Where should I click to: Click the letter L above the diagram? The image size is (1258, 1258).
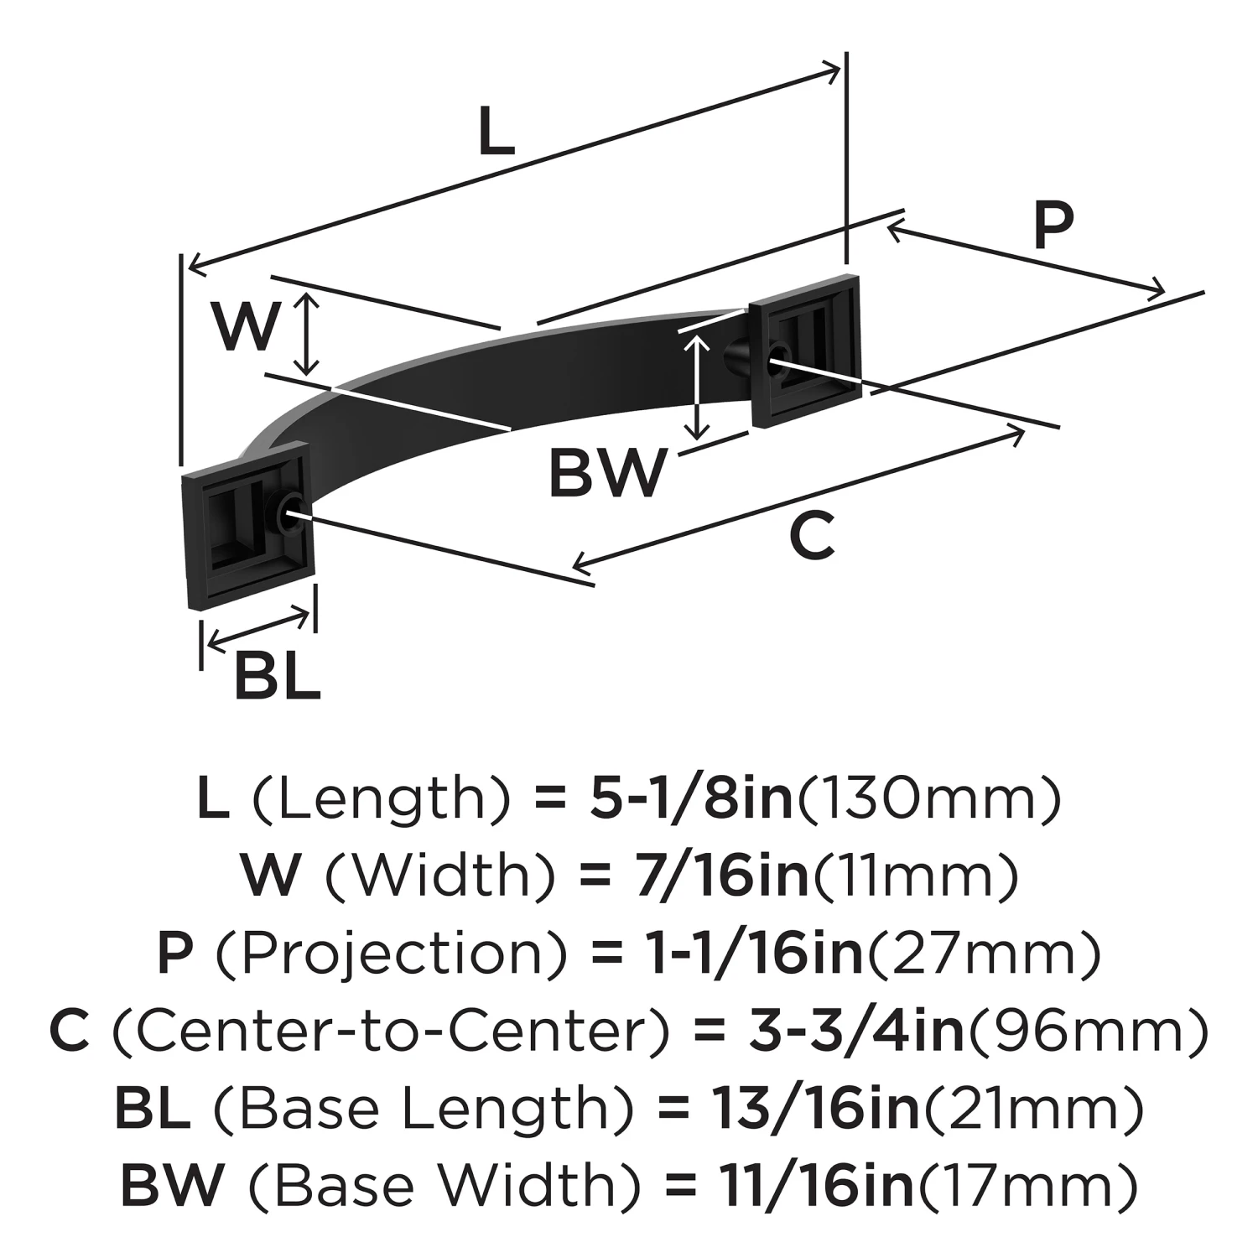(496, 133)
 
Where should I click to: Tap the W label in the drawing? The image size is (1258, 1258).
(244, 327)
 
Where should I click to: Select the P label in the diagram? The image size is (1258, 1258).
(1053, 225)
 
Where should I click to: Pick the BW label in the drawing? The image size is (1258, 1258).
(608, 473)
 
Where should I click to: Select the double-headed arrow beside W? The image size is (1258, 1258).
(309, 333)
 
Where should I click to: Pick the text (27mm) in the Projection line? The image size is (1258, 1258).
(982, 953)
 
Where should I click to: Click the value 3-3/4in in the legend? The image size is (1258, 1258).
(856, 1031)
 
